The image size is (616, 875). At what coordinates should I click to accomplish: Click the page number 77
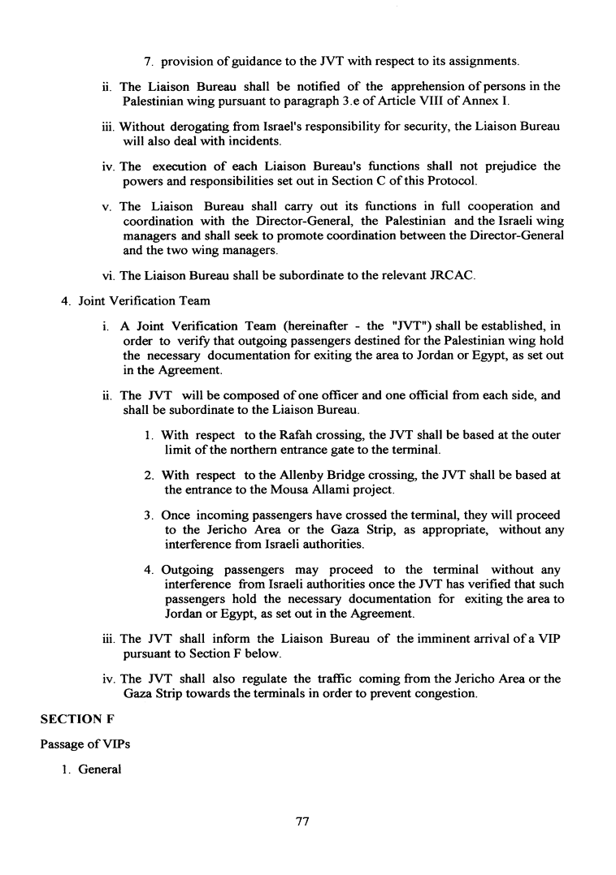click(x=303, y=821)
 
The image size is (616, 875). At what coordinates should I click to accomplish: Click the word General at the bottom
click(x=100, y=769)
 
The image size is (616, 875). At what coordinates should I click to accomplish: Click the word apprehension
click(x=384, y=86)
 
